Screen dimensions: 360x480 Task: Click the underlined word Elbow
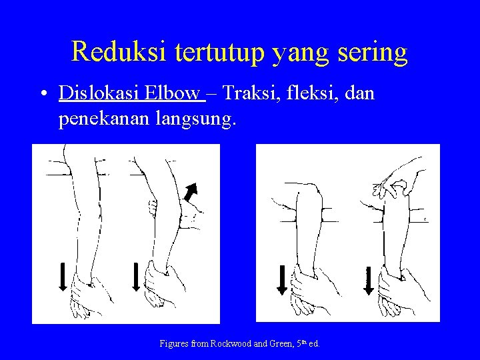(x=172, y=93)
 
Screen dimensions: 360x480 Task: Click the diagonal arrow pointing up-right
(x=194, y=189)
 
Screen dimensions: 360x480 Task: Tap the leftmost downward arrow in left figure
(x=62, y=276)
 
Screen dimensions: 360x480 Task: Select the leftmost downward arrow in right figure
(x=282, y=279)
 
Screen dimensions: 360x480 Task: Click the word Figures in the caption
(x=175, y=344)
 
